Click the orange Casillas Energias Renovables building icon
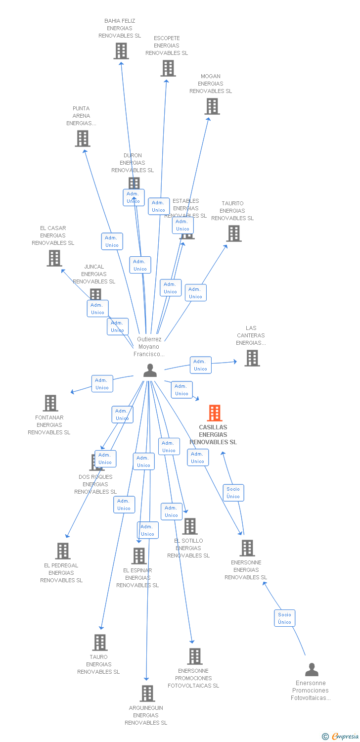click(x=214, y=413)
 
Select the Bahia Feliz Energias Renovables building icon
click(x=121, y=51)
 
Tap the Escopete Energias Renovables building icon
click(x=168, y=68)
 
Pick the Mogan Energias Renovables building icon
click(x=212, y=106)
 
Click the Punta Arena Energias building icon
click(x=83, y=139)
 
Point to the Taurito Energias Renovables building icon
click(x=234, y=233)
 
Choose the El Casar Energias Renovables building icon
click(x=54, y=258)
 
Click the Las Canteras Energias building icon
click(x=252, y=358)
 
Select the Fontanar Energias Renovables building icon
click(x=50, y=403)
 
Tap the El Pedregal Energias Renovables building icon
click(x=63, y=551)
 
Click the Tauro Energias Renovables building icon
click(x=100, y=643)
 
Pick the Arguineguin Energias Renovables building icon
click(x=147, y=694)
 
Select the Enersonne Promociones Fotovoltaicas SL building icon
click(x=195, y=656)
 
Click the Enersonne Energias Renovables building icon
click(x=247, y=548)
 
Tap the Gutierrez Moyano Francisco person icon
click(x=150, y=371)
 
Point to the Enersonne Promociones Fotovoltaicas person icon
click(x=312, y=670)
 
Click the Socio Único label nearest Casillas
click(x=233, y=493)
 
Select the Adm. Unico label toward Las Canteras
click(x=200, y=365)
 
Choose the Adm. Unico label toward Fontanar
click(x=102, y=384)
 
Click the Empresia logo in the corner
click(x=341, y=737)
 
